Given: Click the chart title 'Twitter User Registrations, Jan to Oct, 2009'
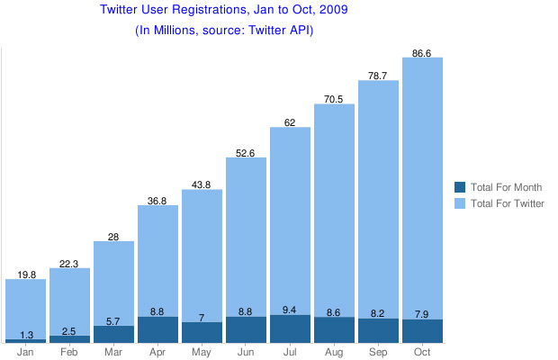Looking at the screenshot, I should [224, 11].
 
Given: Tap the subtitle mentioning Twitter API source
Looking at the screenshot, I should [224, 30].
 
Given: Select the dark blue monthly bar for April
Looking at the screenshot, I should [157, 329].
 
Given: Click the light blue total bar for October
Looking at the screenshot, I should [422, 180].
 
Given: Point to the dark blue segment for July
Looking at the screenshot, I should [290, 329].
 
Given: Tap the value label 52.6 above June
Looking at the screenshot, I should [246, 153].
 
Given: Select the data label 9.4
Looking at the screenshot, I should [290, 310].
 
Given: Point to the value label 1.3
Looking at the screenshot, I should [25, 334].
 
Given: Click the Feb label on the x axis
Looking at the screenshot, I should [69, 352].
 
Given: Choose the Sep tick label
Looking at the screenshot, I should [378, 352].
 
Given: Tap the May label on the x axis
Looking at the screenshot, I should [202, 352].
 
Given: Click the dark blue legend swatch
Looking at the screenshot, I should [460, 187].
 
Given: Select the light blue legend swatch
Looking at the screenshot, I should [460, 203].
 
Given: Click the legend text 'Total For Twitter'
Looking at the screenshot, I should [508, 203].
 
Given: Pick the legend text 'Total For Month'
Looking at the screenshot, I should [507, 187].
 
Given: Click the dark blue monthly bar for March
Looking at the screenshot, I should [113, 334].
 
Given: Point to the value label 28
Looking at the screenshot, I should [113, 236].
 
